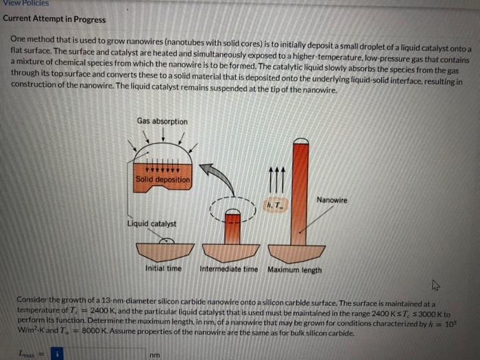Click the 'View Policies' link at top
[x=25, y=3]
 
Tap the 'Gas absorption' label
[x=162, y=121]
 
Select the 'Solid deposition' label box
[x=163, y=180]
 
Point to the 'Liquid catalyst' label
[x=152, y=224]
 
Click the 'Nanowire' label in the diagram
[x=331, y=200]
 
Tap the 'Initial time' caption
[x=163, y=269]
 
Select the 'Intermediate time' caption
[x=229, y=269]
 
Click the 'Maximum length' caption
[x=294, y=269]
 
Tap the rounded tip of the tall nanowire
[x=300, y=145]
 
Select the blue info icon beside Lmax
[x=58, y=354]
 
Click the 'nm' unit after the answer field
[x=156, y=355]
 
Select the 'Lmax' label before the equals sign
[x=29, y=354]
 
